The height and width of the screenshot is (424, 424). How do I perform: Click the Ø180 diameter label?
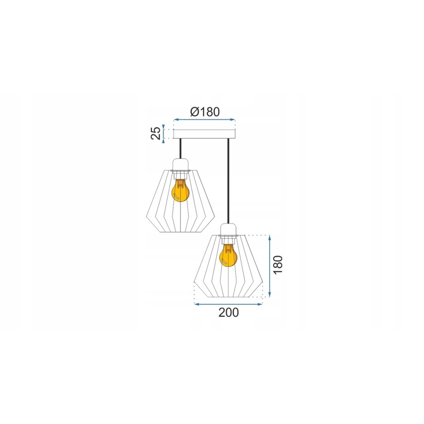[205, 112]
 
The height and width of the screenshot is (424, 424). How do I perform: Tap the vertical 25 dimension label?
[157, 133]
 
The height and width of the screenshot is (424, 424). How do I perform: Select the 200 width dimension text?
[229, 312]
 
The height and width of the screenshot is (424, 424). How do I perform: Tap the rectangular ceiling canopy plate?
[204, 134]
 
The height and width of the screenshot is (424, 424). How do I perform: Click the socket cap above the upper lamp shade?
[179, 165]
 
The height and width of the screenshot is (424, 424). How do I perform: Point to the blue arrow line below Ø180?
[204, 121]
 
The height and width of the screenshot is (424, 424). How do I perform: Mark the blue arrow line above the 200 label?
[229, 304]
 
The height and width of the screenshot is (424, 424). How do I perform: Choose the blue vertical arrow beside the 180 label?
[270, 266]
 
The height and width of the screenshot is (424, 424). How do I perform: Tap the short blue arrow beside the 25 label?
[164, 134]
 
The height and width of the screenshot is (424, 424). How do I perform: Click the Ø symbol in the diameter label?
[194, 112]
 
